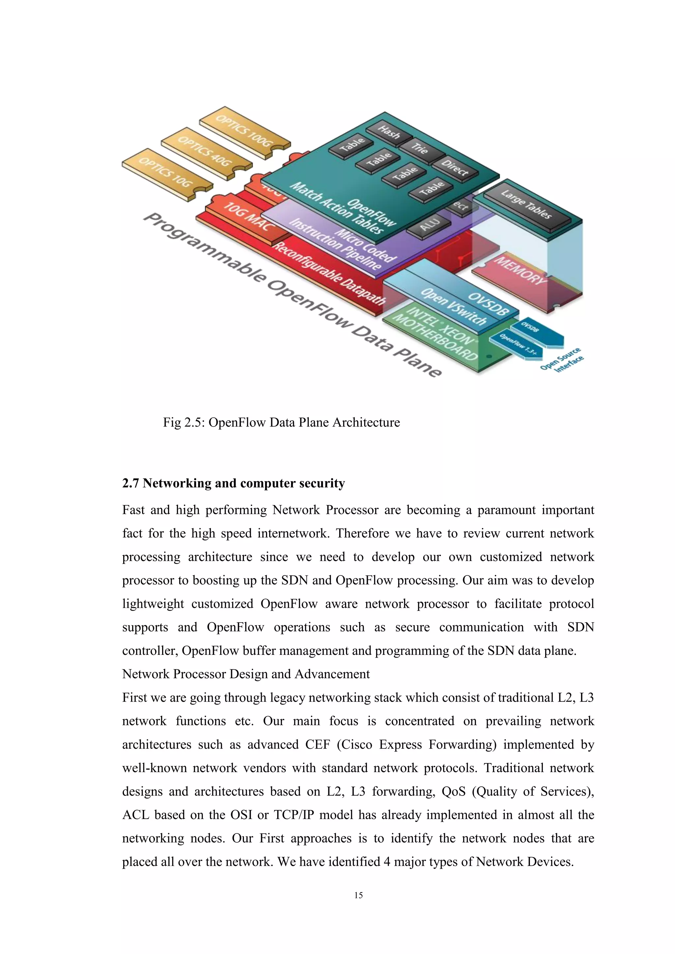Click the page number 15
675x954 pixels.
click(358, 895)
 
